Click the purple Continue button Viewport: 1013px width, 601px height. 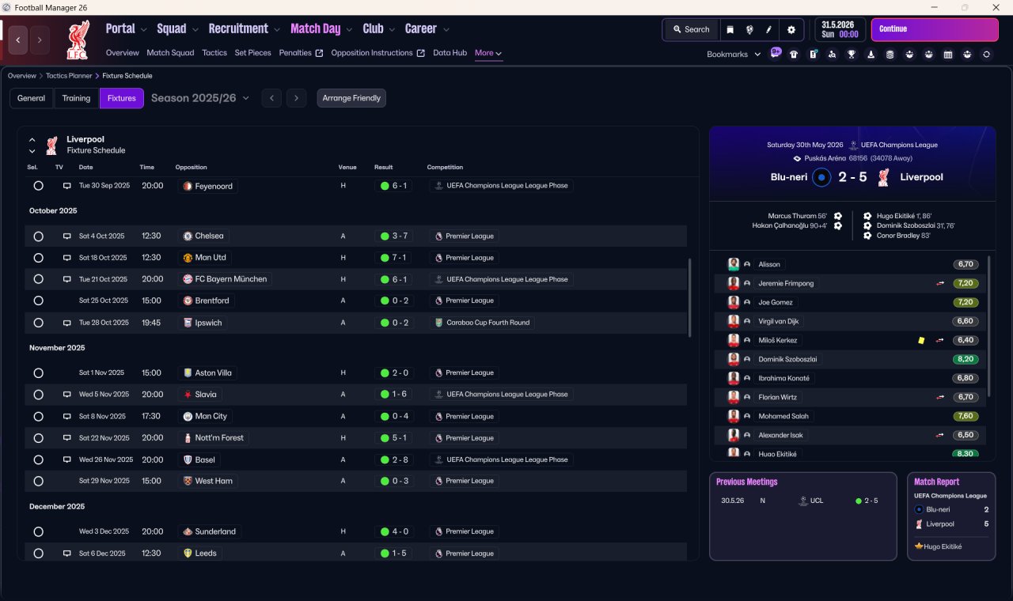coord(935,29)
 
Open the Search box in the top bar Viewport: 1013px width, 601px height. coord(692,29)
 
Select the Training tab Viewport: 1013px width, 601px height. coord(76,98)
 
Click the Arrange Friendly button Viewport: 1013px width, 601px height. coord(351,98)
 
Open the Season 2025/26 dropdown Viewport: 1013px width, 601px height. coord(200,98)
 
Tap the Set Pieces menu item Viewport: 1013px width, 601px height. coord(252,53)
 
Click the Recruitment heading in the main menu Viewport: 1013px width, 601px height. coord(238,29)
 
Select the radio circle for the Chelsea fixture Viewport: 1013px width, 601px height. coord(39,236)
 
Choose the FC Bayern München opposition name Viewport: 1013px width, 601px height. coord(230,279)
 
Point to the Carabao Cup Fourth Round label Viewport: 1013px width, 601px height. coord(488,323)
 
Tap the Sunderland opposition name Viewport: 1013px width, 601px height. coord(215,531)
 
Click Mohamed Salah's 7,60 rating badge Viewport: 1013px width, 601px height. coord(966,416)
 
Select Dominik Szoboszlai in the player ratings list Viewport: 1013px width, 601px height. coord(787,359)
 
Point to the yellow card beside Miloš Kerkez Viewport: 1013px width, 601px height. coord(921,340)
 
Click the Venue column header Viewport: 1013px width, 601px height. coord(347,167)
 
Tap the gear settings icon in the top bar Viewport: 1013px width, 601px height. coord(791,30)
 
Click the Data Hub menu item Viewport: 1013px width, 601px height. coord(450,53)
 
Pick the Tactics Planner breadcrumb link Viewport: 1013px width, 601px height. coord(69,76)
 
